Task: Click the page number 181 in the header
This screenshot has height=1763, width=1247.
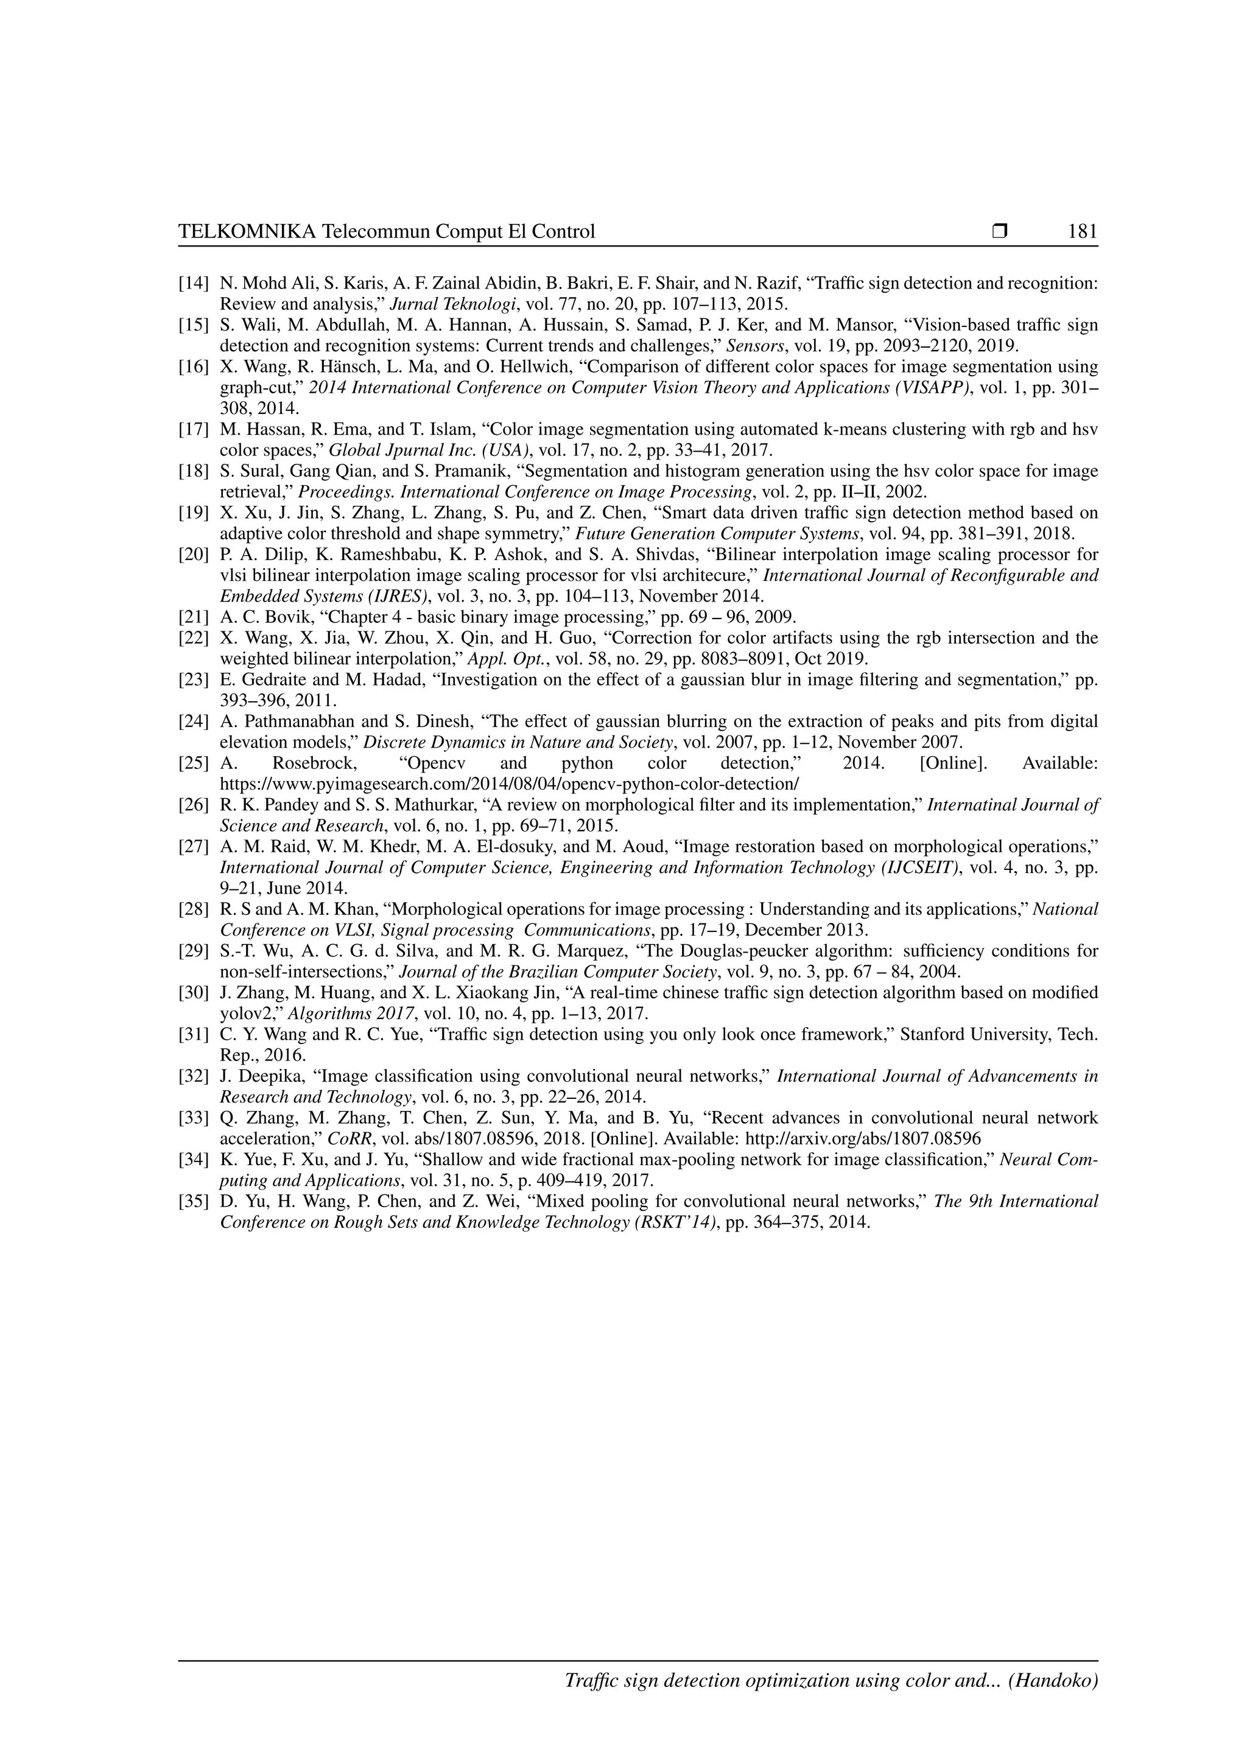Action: click(x=1082, y=231)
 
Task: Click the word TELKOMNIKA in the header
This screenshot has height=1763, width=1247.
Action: click(x=247, y=231)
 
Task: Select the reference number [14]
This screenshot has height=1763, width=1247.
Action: click(x=194, y=282)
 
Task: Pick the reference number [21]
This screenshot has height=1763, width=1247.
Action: click(x=194, y=617)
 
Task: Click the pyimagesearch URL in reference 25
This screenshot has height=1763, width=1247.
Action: click(x=509, y=784)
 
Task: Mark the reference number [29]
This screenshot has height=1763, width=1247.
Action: click(x=194, y=951)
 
